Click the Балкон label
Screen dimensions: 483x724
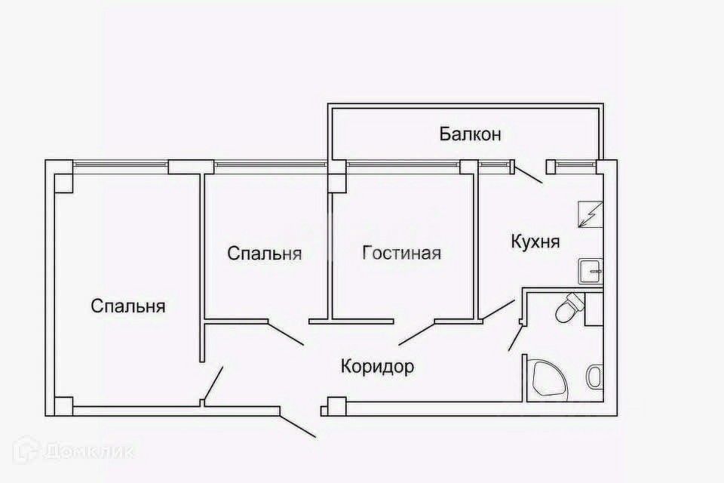[471, 135]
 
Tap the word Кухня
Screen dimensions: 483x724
[535, 242]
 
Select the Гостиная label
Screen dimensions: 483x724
[401, 253]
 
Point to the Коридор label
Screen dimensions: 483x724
[377, 368]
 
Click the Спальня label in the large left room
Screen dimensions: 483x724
[128, 306]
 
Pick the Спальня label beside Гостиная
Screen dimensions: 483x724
[265, 254]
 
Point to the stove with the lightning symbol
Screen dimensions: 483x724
[588, 215]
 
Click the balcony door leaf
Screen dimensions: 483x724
[528, 174]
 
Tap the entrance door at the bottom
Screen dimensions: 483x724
[298, 425]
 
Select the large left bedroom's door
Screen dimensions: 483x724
[212, 385]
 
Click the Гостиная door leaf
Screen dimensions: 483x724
[416, 333]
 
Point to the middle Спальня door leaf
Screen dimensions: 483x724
[287, 333]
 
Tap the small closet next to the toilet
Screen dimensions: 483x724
[594, 309]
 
